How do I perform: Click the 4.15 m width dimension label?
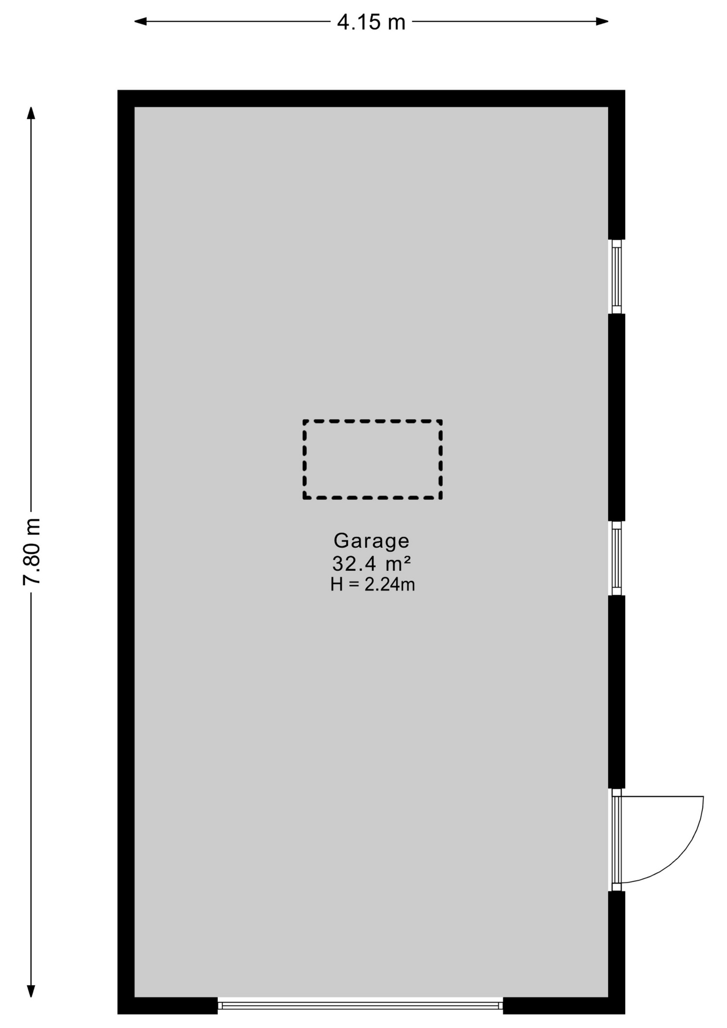(371, 22)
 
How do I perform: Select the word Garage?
(371, 541)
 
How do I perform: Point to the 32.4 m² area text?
(371, 564)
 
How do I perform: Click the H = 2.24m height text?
(373, 585)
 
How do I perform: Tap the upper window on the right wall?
(617, 276)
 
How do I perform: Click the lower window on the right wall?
(617, 558)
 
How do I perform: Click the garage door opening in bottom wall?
(360, 1006)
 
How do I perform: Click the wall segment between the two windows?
(617, 417)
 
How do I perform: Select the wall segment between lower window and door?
(617, 692)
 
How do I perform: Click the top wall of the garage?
(371, 99)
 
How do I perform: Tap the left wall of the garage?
(126, 551)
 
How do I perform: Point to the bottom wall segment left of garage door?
(168, 1006)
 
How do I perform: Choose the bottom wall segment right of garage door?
(564, 1006)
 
